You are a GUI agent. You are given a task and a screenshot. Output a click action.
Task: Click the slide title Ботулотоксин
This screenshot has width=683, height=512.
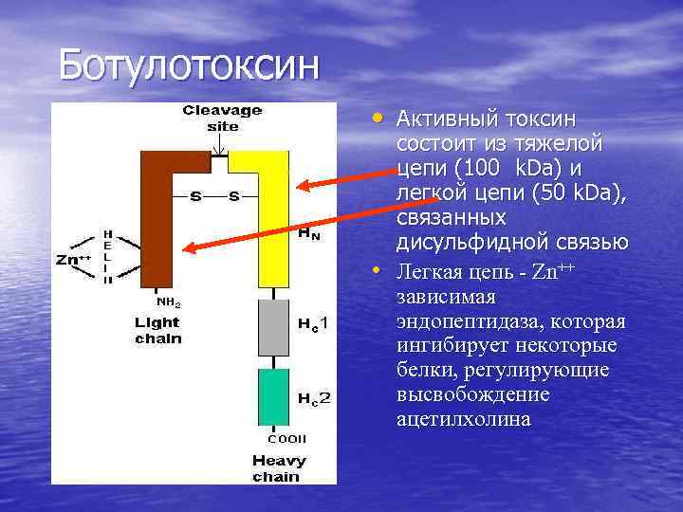(x=191, y=65)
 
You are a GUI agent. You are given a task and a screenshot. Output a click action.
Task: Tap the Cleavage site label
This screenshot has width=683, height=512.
(x=223, y=118)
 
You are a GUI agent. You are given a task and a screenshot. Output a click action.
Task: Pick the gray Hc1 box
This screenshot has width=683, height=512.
(x=272, y=326)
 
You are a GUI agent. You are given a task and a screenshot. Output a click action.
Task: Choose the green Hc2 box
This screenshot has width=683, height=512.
(x=272, y=397)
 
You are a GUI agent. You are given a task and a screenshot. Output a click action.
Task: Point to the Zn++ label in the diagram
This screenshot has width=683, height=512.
(x=74, y=257)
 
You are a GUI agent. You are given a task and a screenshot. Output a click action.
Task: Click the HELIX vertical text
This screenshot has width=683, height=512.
(x=107, y=256)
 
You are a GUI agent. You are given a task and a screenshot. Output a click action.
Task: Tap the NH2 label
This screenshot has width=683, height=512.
(x=168, y=303)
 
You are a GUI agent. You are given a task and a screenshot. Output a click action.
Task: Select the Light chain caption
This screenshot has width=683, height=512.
(x=157, y=330)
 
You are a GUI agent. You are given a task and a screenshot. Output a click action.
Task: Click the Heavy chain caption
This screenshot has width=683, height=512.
(x=278, y=469)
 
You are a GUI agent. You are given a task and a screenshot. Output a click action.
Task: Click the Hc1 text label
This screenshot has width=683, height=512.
(x=313, y=325)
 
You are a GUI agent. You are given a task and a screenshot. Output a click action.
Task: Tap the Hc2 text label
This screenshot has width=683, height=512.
(x=314, y=398)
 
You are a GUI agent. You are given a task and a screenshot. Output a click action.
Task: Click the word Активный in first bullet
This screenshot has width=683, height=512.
(x=443, y=119)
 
